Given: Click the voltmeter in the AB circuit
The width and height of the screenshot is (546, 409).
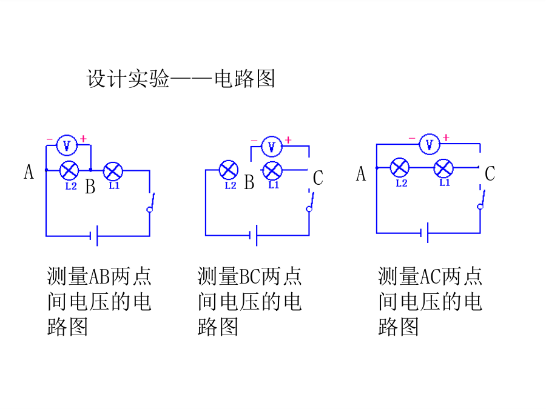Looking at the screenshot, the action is coord(67,145).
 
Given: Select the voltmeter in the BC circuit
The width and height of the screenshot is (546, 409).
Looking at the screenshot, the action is coord(272,147).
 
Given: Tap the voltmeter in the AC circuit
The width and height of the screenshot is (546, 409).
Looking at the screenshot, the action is coord(430,144).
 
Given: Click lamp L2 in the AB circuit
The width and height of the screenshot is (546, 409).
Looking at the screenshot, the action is coord(69,170).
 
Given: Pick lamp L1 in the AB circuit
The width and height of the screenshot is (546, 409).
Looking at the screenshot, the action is coord(113,171).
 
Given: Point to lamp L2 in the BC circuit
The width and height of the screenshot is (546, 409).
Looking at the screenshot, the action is coord(229,170).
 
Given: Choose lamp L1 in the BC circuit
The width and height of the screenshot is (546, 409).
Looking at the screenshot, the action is coord(272,170).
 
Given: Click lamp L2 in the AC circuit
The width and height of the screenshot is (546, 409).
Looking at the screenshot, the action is coord(399,168).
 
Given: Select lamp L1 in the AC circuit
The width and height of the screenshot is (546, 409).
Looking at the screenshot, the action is coord(443,168).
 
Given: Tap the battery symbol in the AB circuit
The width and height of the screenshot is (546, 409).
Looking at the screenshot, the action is coord(93,236).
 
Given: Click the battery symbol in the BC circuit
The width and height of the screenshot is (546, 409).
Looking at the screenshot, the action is coord(253,236).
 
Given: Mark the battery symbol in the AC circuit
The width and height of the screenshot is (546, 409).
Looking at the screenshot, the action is coord(424,233).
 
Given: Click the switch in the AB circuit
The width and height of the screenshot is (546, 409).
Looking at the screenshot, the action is coord(150,202).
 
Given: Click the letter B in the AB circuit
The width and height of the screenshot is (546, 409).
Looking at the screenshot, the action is coord(90,187).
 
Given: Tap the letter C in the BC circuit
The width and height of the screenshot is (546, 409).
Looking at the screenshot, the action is coord(318,178).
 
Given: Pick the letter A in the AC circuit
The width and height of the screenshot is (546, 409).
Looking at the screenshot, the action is coord(361,174).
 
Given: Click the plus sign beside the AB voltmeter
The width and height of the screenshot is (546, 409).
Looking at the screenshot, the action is coord(83,139).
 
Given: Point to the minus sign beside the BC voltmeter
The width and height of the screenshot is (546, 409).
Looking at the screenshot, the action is coord(254,141).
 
